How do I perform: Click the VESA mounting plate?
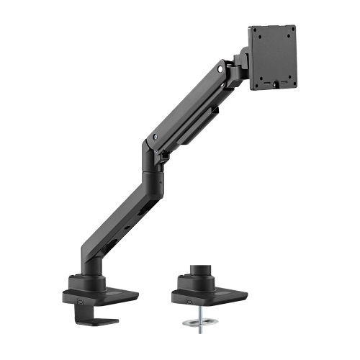(x=273, y=58)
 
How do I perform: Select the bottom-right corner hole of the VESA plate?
(x=294, y=81)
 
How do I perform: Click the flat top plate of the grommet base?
(x=223, y=293)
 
